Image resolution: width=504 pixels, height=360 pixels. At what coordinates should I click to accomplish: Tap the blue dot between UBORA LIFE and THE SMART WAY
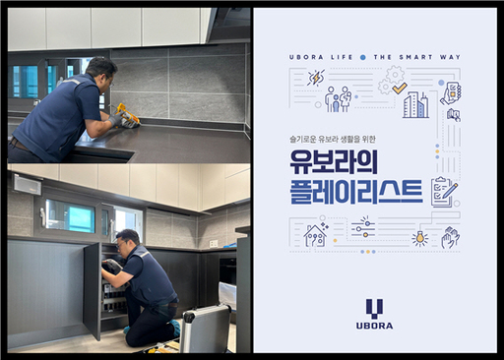click(363, 58)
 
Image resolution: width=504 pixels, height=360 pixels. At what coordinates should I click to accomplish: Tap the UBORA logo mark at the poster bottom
click(374, 309)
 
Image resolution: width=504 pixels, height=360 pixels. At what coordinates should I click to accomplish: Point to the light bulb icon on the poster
click(420, 237)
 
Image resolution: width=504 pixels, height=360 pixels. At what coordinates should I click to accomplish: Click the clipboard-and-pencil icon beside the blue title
click(443, 190)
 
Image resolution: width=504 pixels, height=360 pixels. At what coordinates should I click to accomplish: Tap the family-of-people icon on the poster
click(338, 99)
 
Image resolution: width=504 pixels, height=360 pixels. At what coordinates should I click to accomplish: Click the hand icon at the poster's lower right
click(450, 237)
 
